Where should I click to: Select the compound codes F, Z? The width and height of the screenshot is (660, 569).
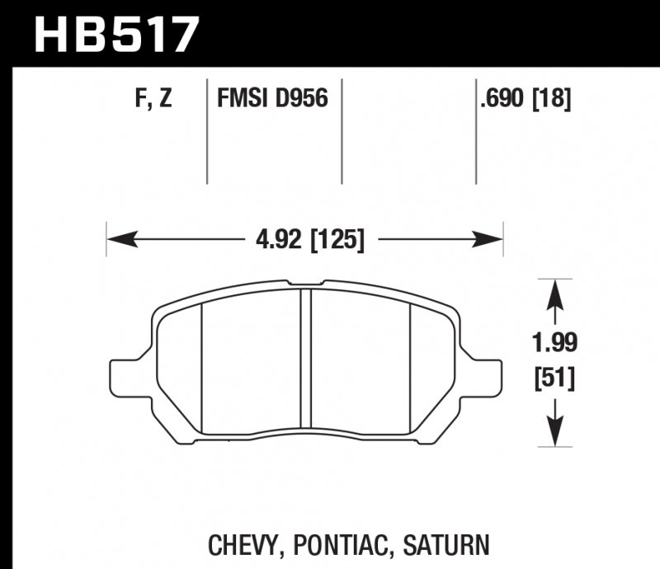[153, 99]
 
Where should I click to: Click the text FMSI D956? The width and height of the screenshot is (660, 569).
[272, 99]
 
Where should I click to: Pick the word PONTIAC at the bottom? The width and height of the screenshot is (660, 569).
[348, 544]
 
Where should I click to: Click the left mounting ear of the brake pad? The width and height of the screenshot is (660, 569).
[129, 375]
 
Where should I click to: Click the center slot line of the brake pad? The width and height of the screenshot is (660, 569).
[305, 359]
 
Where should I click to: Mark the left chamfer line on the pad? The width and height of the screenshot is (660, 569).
[202, 363]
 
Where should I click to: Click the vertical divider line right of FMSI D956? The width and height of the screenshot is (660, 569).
[342, 132]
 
